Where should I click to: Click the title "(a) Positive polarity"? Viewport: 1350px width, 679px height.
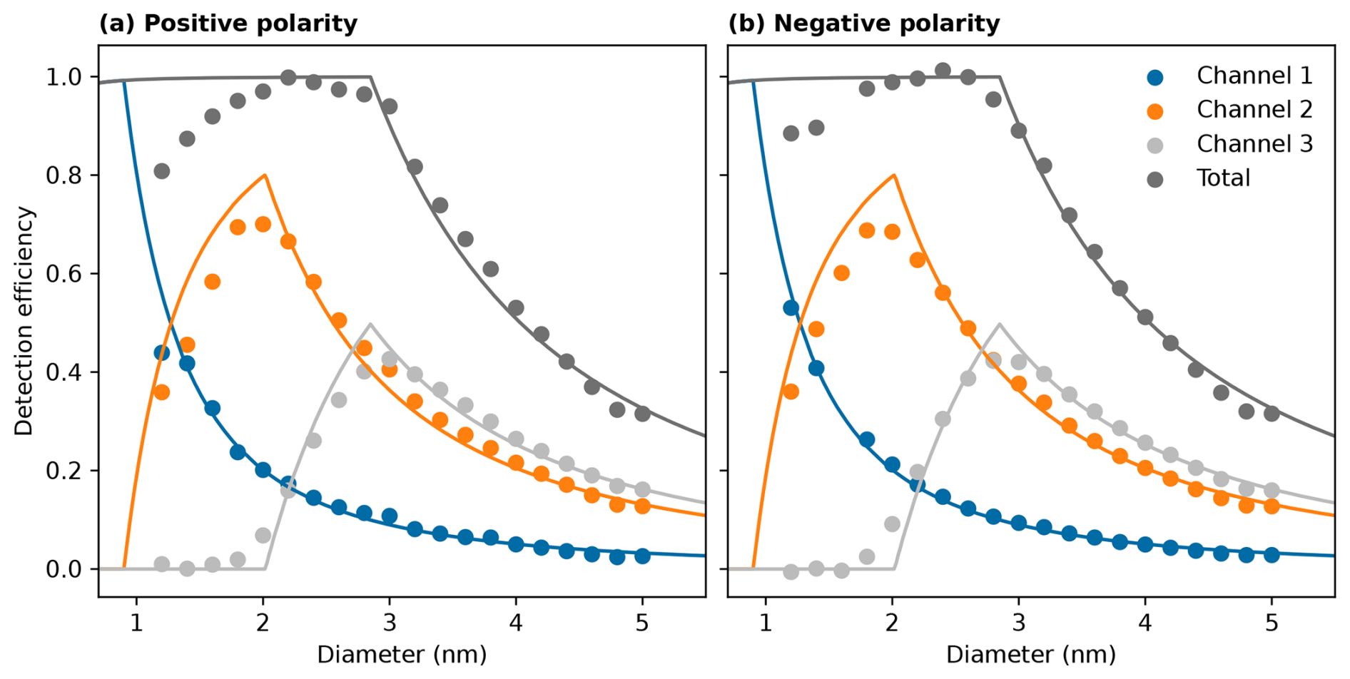[x=228, y=24]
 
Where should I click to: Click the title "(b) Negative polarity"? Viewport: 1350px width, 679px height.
[x=863, y=24]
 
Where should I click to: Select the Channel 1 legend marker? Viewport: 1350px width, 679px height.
[x=1154, y=77]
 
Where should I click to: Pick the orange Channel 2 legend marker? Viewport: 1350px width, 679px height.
[x=1154, y=111]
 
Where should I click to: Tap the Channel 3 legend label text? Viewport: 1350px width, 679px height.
[x=1254, y=144]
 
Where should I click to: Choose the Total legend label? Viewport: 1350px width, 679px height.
[x=1223, y=178]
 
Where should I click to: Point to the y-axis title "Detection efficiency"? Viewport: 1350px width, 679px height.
[x=24, y=321]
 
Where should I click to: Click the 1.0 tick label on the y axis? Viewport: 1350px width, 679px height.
[x=64, y=77]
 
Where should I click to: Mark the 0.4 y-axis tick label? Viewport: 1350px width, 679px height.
[x=64, y=372]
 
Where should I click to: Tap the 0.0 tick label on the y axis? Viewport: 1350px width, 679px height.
[x=64, y=569]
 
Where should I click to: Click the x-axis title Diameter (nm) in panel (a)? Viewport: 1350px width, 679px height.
[x=402, y=654]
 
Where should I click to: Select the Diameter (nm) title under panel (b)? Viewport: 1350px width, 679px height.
[x=1031, y=654]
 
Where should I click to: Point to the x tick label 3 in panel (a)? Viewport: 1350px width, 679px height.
[x=389, y=623]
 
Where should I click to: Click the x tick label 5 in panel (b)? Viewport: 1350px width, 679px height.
[x=1272, y=623]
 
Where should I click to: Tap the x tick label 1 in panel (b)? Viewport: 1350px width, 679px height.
[x=766, y=623]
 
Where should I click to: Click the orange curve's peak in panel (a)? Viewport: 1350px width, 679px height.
[x=265, y=175]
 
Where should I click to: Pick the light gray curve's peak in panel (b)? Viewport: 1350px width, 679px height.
[x=999, y=325]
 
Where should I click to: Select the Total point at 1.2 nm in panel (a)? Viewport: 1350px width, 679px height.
[x=162, y=171]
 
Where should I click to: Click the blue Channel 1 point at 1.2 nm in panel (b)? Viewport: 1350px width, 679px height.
[x=791, y=308]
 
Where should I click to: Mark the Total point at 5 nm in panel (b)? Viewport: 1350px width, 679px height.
[x=1272, y=414]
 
